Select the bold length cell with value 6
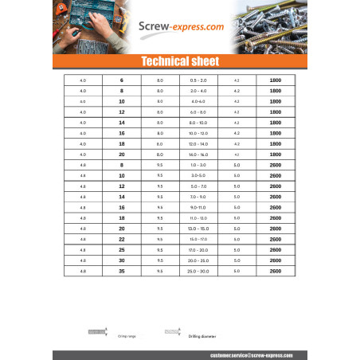(x=122, y=81)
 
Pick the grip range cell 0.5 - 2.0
(x=198, y=81)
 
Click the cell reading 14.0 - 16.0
(x=198, y=153)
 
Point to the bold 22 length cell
(x=122, y=239)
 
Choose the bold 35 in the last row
(x=122, y=272)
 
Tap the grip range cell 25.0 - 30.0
(x=198, y=272)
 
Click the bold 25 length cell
(x=122, y=250)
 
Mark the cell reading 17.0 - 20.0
(x=198, y=250)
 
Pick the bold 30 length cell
(x=122, y=260)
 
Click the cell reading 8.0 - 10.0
(x=198, y=123)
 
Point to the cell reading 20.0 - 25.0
(x=198, y=260)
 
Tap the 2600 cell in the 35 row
(x=276, y=272)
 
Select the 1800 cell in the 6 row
(x=276, y=81)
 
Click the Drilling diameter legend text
(x=204, y=337)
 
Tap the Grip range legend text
(x=127, y=337)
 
